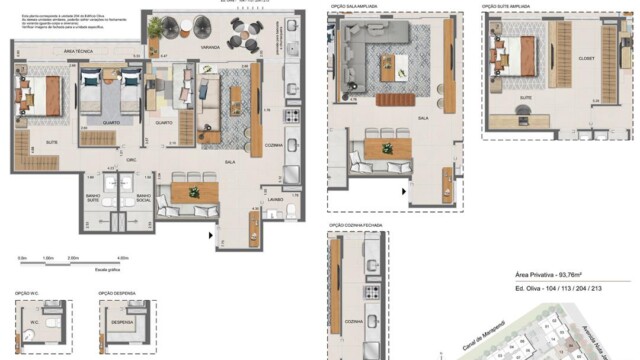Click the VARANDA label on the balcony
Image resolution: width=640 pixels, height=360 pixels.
(182, 47)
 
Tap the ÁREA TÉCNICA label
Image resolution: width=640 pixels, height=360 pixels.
(79, 49)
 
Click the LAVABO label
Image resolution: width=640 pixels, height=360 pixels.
(275, 199)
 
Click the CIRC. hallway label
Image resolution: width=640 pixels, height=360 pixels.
(131, 160)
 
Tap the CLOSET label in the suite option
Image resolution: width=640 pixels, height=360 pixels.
(587, 58)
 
